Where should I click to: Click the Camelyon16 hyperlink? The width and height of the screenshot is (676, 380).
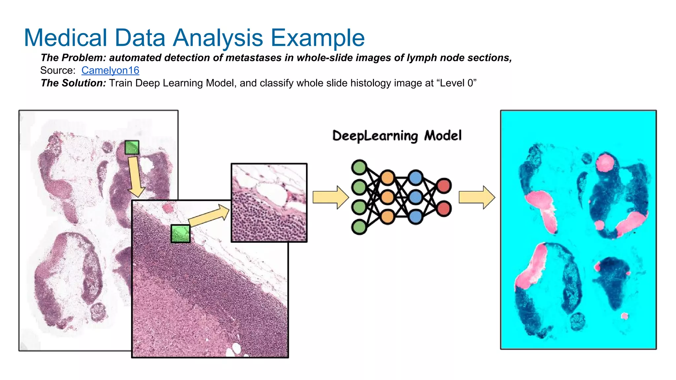coord(110,70)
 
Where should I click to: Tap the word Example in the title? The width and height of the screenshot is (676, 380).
coord(318,38)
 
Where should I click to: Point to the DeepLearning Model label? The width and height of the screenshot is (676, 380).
coord(397,136)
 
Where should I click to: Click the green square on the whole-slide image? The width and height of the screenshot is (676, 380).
coord(132,147)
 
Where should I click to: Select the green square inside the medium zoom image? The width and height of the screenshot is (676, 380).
coord(181,234)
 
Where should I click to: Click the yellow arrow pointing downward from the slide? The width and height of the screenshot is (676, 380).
coord(135,177)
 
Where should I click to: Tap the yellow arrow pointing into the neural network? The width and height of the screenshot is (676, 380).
coord(330,197)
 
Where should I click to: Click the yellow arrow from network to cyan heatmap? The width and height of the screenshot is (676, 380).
coord(477,197)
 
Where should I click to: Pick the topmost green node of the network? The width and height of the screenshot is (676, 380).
coord(359,167)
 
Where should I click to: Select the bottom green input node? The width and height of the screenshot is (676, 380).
coord(359,227)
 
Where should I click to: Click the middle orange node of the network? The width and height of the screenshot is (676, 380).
coord(387,197)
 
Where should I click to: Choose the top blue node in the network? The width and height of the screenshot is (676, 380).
coord(415,177)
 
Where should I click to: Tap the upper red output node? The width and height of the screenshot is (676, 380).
coord(444,186)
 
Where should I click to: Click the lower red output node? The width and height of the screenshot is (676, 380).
coord(444,209)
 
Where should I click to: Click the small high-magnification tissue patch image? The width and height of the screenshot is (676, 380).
coord(269,203)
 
